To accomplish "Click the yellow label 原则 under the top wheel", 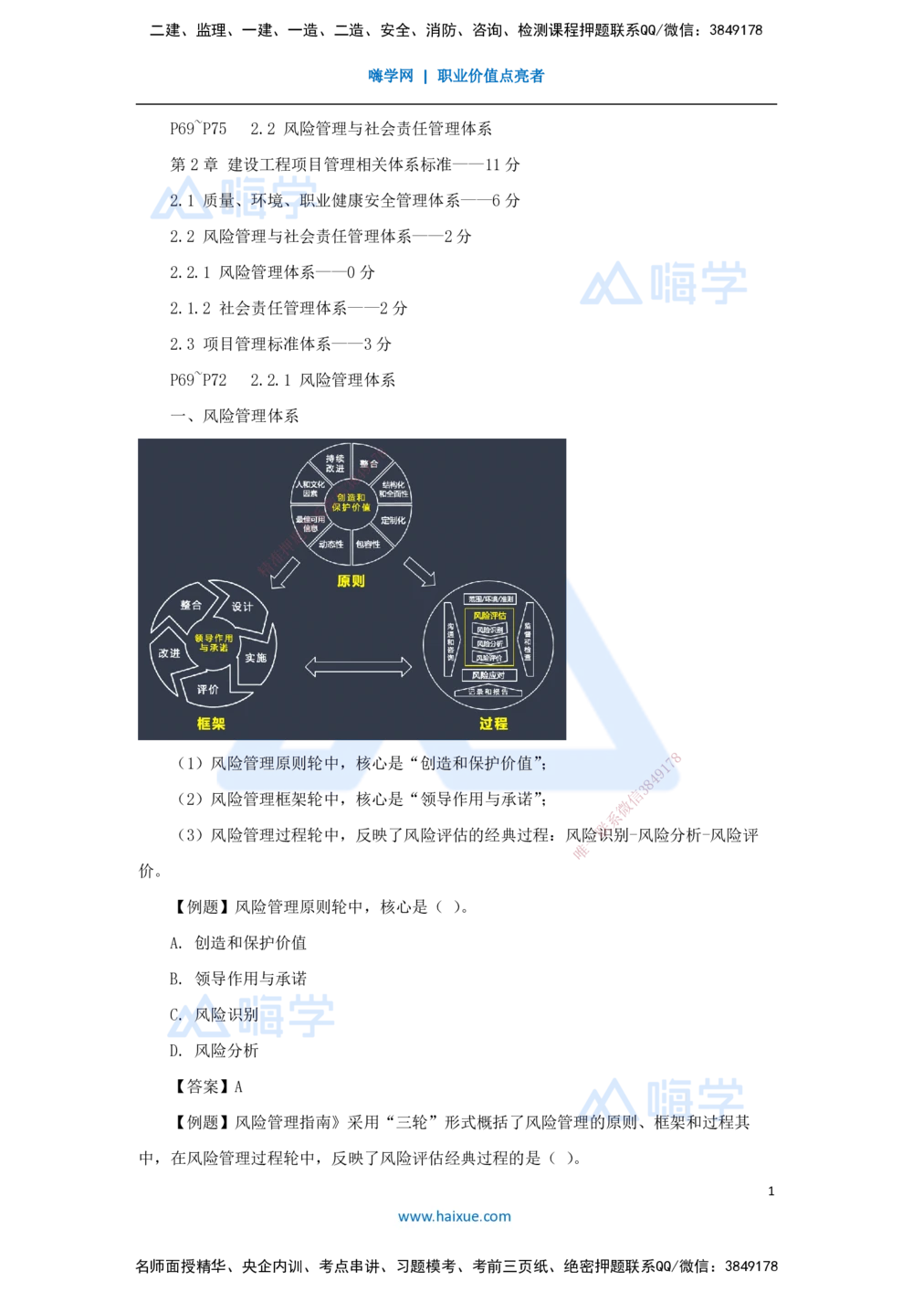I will (x=351, y=581).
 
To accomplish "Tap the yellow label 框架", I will (x=211, y=724).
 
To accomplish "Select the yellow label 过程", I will (x=493, y=724).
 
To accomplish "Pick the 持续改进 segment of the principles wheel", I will (x=335, y=463).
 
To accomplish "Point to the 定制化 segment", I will (x=394, y=521).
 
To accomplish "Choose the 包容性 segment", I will (x=368, y=544).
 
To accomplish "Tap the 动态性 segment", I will (x=331, y=544).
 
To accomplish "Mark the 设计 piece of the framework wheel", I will (x=242, y=608).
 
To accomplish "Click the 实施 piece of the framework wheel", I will (x=256, y=658).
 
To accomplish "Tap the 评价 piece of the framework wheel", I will (x=208, y=690).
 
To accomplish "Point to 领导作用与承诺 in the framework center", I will (x=214, y=642).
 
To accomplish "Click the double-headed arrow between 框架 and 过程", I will (x=358, y=669).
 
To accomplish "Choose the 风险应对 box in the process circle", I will (x=489, y=675).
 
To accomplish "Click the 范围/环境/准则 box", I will (x=490, y=599).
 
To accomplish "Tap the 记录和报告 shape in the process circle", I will (x=488, y=692).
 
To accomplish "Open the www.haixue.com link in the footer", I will (x=455, y=1216).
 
